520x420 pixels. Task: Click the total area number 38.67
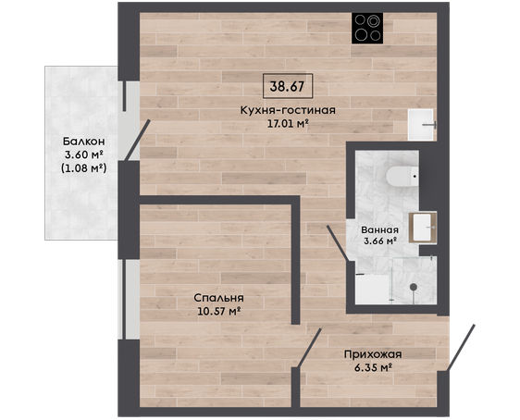287,87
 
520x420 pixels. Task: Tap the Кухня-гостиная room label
288,110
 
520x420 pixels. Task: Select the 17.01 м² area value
288,124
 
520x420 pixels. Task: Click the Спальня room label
219,298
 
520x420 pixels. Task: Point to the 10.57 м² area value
219,312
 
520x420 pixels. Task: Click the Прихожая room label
373,354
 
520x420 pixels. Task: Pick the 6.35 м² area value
373,367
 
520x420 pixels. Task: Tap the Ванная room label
380,229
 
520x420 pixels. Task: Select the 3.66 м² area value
380,241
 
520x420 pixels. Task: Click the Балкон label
84,142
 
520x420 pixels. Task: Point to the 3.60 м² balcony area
84,154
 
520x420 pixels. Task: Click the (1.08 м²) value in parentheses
84,168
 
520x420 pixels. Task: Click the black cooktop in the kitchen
367,28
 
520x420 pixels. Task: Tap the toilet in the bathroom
402,176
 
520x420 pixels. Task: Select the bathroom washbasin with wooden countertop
423,228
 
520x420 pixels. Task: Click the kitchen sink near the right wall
421,125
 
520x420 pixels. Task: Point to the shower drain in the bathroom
414,287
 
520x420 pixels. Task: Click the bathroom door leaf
338,243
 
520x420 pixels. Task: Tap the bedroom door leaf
310,348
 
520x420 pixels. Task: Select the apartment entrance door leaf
461,348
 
